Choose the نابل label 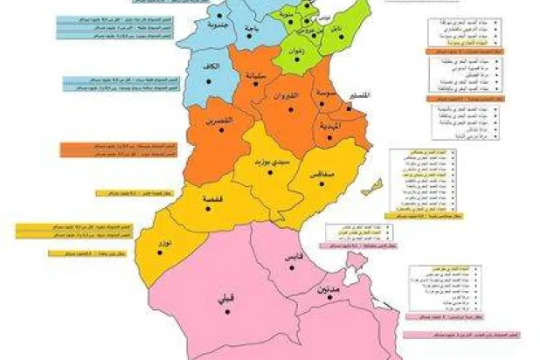pyautogui.click(x=336, y=29)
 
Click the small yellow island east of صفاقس pyautogui.click(x=375, y=185)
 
